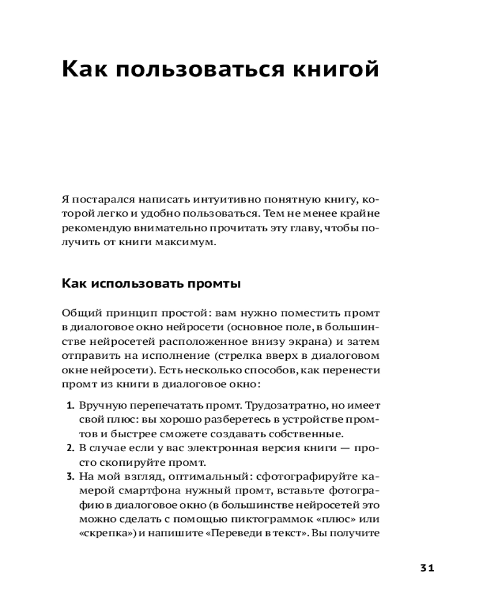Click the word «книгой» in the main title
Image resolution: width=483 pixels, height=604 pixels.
coord(332,69)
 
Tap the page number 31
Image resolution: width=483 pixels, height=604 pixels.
coord(426,568)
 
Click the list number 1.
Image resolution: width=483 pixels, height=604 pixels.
coord(69,405)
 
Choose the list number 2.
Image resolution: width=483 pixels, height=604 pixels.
coord(69,449)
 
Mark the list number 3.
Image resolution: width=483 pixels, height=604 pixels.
coord(69,478)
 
